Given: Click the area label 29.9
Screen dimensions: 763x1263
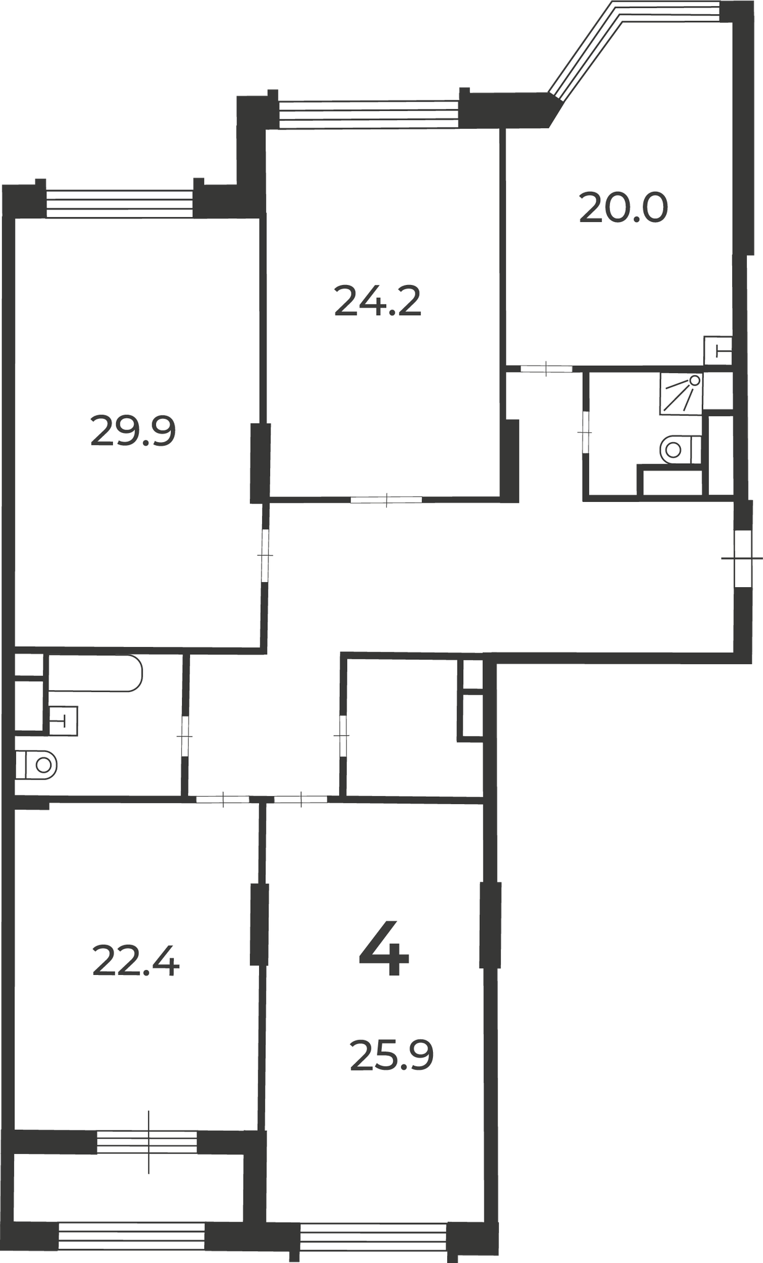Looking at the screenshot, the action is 133,431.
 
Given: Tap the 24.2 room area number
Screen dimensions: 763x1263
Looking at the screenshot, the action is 377,301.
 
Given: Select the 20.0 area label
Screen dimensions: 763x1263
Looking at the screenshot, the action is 624,208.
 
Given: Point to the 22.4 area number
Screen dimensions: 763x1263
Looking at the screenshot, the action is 136,961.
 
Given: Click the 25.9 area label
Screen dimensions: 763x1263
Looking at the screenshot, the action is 392,1055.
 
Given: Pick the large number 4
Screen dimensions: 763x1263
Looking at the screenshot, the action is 384,949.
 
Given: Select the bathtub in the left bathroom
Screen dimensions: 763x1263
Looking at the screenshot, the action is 96,673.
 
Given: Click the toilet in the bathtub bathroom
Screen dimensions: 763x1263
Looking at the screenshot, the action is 36,765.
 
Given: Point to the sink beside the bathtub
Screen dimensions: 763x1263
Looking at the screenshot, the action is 63,720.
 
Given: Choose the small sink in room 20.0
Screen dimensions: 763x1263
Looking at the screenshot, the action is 718,351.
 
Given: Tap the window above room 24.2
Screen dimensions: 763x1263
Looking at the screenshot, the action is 369,114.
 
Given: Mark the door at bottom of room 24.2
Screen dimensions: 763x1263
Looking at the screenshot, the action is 387,500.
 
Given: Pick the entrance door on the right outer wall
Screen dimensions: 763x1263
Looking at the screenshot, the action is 743,559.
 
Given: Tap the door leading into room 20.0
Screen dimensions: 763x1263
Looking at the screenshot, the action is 546,369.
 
